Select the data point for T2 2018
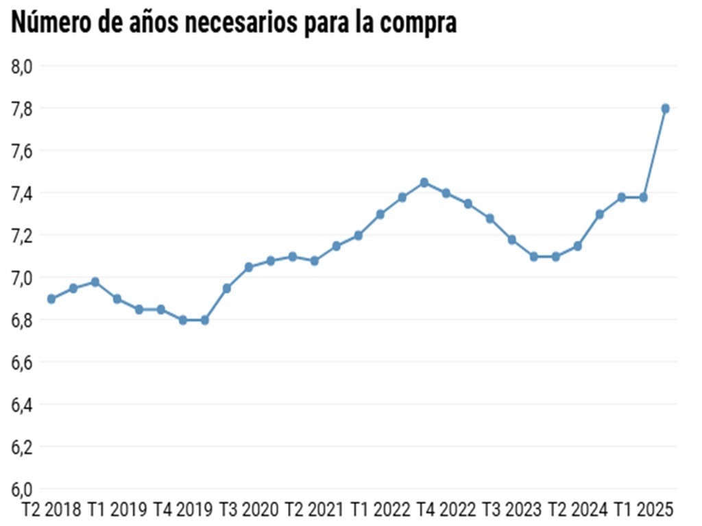51,299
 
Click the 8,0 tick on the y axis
23,66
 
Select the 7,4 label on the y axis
23,193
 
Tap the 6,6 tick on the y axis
23,362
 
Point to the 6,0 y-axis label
23,489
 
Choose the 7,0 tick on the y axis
23,277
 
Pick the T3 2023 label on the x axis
512,510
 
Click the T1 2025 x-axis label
644,510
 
